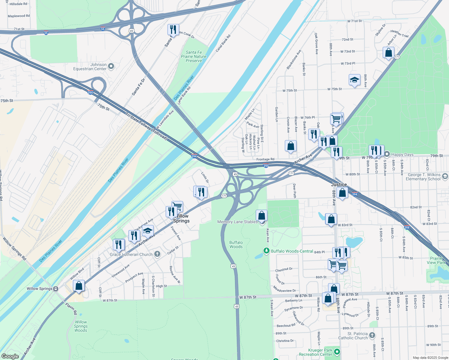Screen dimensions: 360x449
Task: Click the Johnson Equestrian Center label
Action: point(90,67)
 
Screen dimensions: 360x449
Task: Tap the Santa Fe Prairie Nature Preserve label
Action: point(194,56)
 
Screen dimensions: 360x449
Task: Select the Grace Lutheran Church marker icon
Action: point(157,254)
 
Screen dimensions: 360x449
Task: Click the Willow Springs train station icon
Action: point(56,289)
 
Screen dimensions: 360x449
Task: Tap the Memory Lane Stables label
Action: point(237,222)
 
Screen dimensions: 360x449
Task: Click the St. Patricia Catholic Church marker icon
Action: point(372,335)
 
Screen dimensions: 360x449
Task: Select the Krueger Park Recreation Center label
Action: point(320,352)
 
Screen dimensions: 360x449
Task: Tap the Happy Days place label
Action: point(402,154)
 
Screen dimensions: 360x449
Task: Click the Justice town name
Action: point(339,184)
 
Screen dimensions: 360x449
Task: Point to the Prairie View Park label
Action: point(438,260)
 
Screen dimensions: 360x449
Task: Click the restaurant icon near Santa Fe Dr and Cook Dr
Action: point(173,30)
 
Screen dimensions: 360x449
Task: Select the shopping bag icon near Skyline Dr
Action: point(388,53)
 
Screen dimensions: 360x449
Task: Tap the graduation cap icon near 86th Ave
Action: point(354,80)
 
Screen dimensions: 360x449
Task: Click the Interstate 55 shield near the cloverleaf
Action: point(103,29)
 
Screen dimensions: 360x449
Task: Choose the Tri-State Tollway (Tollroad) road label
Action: point(146,126)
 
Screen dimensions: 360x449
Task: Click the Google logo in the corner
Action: point(10,356)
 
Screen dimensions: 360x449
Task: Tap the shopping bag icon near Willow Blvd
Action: point(79,286)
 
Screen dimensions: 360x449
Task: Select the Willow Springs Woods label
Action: point(81,326)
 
